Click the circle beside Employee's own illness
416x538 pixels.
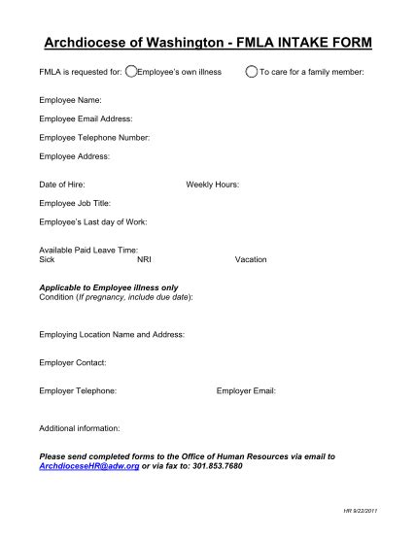point(132,72)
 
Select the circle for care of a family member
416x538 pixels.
point(252,72)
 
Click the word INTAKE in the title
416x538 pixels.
point(302,44)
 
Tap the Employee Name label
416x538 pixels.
point(69,100)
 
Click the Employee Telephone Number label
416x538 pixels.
point(94,137)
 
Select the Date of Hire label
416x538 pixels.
point(62,184)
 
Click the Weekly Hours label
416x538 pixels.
point(212,184)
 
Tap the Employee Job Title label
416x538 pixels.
point(75,203)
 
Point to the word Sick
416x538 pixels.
point(47,259)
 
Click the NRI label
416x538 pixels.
point(144,259)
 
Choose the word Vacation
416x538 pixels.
point(251,259)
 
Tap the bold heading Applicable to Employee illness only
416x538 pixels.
point(108,287)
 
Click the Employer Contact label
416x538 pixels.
point(72,362)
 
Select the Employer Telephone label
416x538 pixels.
point(78,390)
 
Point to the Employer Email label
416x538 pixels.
point(247,390)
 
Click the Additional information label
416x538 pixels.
point(79,427)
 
